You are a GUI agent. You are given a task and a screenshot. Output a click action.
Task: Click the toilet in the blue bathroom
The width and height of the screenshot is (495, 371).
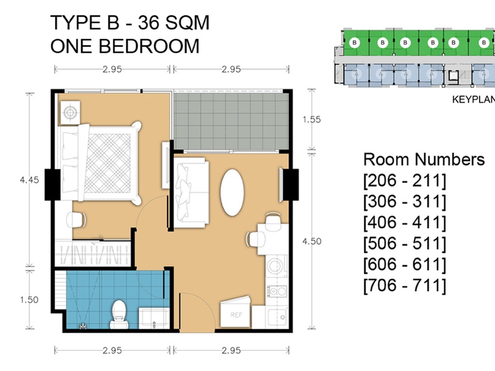click(119, 314)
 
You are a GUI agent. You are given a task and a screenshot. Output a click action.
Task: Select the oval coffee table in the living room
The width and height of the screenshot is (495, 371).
click(232, 192)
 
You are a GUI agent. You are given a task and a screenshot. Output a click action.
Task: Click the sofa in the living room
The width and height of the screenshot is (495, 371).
click(191, 192)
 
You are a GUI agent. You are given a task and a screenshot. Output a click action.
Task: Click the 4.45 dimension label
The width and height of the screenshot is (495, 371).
click(29, 180)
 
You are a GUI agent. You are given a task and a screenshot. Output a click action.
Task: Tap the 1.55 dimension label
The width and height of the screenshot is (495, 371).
click(312, 119)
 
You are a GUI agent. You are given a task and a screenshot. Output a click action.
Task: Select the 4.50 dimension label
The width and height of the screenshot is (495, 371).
click(312, 241)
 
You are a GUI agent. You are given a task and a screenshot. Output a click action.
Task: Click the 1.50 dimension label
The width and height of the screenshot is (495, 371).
click(29, 300)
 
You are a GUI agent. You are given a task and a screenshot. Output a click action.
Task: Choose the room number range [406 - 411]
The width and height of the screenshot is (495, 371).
click(405, 223)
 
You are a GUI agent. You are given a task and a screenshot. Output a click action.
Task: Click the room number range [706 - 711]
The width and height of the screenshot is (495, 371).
click(405, 286)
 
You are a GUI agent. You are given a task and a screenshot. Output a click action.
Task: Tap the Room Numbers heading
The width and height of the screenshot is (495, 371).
click(424, 160)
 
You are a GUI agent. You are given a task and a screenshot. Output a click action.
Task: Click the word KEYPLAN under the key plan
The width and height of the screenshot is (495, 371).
click(473, 100)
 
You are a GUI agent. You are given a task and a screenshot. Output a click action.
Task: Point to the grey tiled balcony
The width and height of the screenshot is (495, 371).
click(231, 121)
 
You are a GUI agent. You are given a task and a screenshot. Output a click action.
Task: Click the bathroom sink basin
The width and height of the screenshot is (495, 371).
click(153, 317)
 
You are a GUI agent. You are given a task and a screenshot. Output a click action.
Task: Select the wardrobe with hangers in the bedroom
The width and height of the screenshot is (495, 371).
click(93, 254)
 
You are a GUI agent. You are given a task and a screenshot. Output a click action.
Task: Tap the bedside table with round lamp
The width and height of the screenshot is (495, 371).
click(70, 113)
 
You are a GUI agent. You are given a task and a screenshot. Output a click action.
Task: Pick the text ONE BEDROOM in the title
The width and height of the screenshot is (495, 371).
click(125, 46)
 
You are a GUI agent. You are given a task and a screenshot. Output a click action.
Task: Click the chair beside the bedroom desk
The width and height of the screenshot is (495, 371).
click(76, 220)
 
